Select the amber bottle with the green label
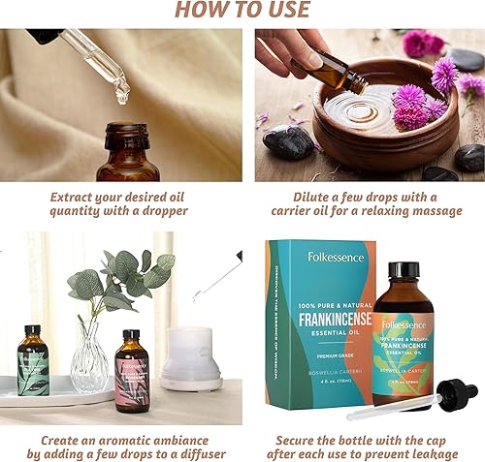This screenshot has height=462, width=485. coord(32,361)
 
